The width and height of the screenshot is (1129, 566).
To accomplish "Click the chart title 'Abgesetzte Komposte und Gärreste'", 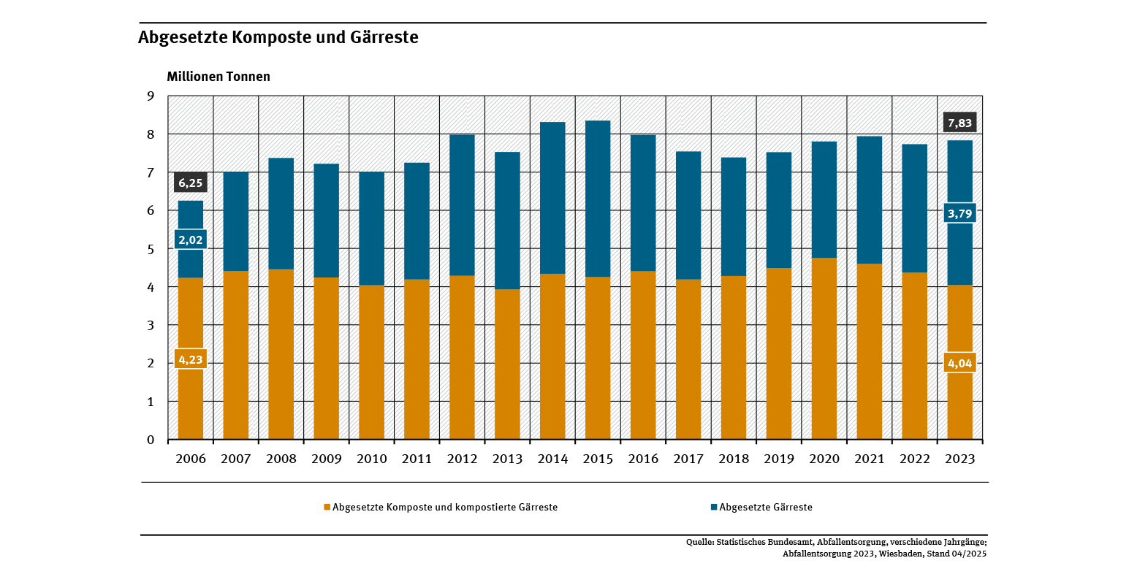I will click(278, 37).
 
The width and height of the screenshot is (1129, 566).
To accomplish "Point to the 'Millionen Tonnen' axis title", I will click(218, 77).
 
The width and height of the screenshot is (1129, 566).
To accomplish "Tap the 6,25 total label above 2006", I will click(190, 183).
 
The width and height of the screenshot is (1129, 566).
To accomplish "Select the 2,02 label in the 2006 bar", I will click(190, 240).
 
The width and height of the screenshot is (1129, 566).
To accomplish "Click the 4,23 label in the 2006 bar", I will click(190, 359).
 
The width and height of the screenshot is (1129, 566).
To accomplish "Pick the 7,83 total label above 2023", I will click(959, 123).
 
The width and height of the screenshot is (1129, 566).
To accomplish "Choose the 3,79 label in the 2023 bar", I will click(959, 214).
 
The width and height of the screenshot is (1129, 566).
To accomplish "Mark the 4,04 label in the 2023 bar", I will click(959, 363).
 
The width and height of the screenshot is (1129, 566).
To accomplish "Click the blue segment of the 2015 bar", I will click(598, 197).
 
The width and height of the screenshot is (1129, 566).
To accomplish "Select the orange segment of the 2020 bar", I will click(824, 351).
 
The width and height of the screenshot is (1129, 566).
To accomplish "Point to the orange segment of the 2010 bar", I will click(371, 365).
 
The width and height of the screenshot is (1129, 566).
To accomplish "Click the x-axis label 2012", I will click(462, 459).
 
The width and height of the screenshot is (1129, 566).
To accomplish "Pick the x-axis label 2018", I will click(734, 459).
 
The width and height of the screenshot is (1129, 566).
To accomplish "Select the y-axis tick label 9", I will click(151, 96).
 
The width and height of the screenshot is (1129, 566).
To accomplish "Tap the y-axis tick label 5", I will click(151, 249).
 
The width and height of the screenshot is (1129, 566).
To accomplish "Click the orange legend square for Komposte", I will click(327, 507).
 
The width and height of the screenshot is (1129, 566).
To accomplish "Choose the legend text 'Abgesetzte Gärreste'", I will click(766, 507).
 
